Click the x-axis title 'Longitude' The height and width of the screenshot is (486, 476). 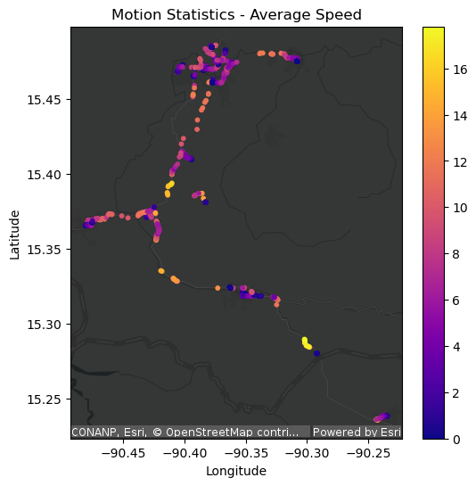pos(236,471)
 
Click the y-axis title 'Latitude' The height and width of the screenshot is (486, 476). pos(15,234)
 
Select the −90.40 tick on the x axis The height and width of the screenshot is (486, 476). pos(185,452)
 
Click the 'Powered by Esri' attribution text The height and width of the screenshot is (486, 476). pos(356,432)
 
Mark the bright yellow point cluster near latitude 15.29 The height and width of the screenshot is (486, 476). pos(307,343)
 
